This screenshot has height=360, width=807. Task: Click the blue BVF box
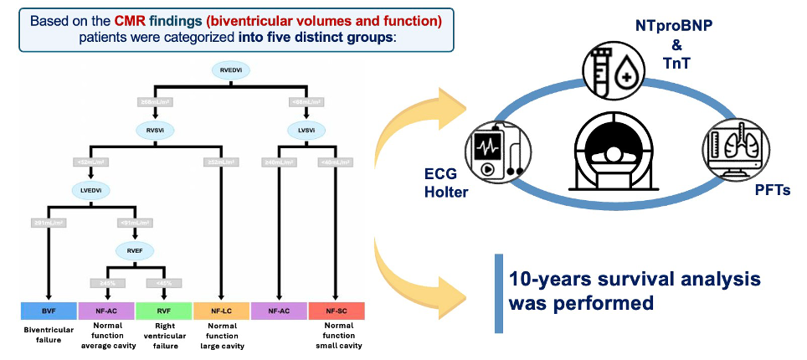click(49, 311)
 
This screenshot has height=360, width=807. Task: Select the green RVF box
click(163, 311)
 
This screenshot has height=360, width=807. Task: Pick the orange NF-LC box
click(220, 311)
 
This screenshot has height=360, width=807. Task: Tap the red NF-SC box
click(337, 311)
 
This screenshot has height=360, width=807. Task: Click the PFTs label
click(771, 191)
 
